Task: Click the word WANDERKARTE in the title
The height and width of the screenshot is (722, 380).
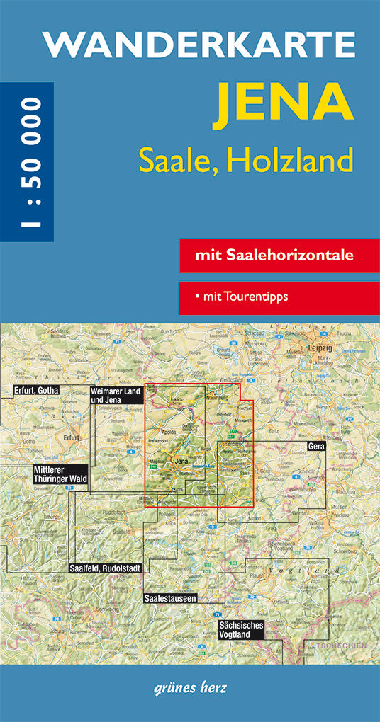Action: coord(199,44)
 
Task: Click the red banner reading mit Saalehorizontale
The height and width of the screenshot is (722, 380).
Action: coord(279,256)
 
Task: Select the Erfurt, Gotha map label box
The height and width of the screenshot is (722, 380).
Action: coord(35,390)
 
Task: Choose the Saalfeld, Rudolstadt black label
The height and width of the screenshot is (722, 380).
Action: coord(106,568)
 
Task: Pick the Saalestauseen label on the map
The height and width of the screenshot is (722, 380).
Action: coord(170,597)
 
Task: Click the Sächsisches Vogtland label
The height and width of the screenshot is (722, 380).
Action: coord(241,630)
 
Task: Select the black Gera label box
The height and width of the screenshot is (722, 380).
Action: coord(317,447)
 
